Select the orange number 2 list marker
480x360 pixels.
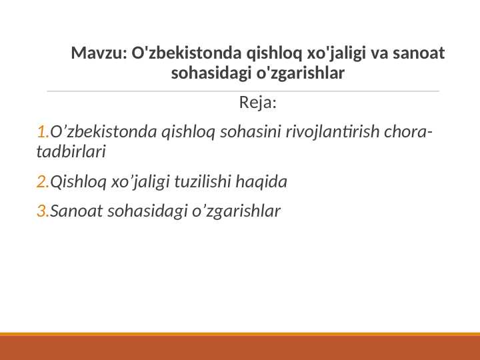point(43,181)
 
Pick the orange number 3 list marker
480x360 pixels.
point(43,211)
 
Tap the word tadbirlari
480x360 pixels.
point(71,152)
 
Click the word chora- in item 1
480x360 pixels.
point(408,131)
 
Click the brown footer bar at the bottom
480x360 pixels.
point(240,348)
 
